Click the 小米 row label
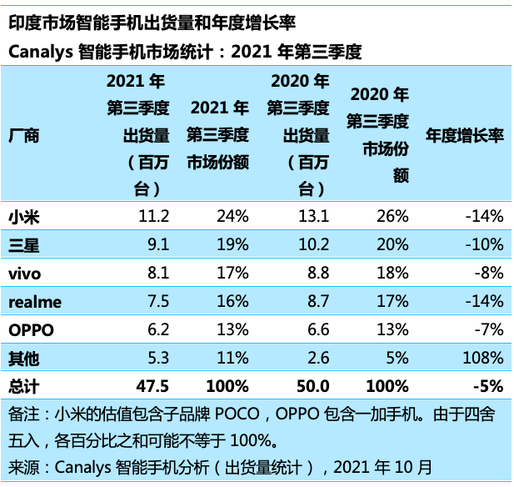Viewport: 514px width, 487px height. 23,217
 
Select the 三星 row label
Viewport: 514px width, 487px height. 23,245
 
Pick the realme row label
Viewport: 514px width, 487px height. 34,302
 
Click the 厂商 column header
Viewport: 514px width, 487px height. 23,136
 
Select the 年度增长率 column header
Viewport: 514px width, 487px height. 465,136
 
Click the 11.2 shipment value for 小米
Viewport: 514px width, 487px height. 154,217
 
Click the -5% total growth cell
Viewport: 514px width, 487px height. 489,386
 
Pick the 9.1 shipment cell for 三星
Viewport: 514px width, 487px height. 158,245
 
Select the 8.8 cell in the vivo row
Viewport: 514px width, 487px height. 318,274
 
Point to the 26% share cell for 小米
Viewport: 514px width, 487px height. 392,217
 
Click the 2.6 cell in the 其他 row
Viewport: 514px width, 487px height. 318,359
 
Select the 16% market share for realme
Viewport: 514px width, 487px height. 232,302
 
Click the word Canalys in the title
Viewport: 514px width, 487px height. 39,52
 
